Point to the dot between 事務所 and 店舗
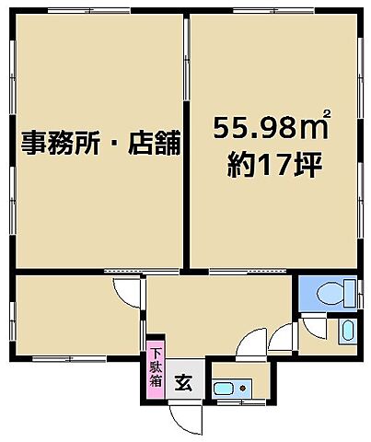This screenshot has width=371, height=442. pyautogui.click(x=109, y=145)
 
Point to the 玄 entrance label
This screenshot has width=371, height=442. pyautogui.click(x=183, y=381)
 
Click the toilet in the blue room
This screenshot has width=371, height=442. pyautogui.click(x=328, y=294)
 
